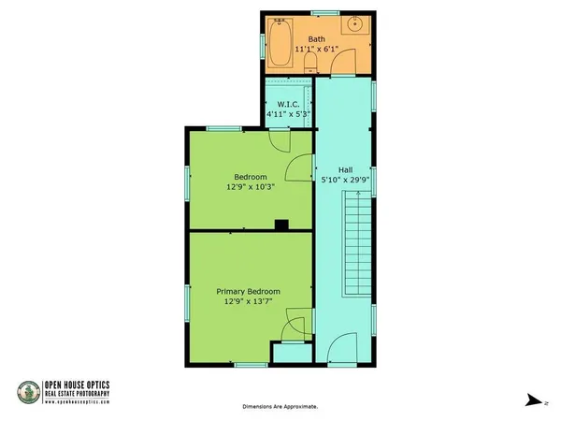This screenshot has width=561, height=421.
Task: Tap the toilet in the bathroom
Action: tap(310, 63)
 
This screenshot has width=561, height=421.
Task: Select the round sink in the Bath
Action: tap(356, 24)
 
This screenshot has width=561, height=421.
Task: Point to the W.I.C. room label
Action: tap(288, 104)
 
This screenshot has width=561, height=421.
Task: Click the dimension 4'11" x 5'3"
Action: tap(288, 114)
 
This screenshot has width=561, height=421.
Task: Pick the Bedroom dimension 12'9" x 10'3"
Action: tap(252, 186)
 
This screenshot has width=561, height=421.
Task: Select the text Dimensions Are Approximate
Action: tap(280, 407)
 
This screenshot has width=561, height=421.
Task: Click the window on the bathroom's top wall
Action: tap(324, 12)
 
